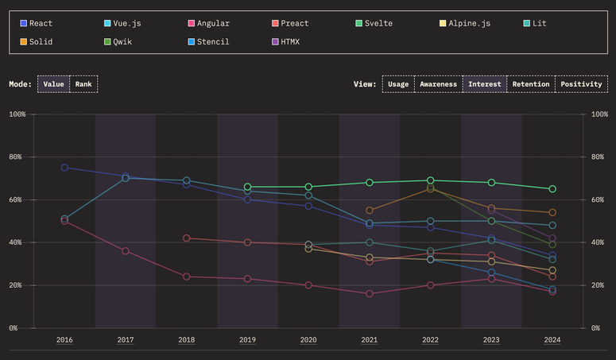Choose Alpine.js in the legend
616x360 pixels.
tap(469, 24)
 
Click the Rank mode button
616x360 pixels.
tap(83, 84)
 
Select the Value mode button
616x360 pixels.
tap(53, 84)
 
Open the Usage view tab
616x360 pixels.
tap(398, 84)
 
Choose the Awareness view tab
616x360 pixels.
tap(438, 84)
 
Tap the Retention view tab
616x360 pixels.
tap(530, 84)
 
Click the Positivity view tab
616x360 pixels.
tap(581, 84)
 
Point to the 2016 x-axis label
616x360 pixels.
tap(64, 340)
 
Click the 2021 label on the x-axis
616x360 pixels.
tap(370, 340)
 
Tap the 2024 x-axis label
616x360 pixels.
tap(552, 340)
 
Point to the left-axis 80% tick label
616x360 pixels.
tap(17, 157)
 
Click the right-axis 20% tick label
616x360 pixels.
tap(599, 285)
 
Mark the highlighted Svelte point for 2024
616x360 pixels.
tap(552, 189)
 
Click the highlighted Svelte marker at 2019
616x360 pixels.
tap(247, 187)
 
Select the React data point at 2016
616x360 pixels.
tap(64, 168)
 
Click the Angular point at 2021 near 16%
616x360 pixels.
tap(370, 293)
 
